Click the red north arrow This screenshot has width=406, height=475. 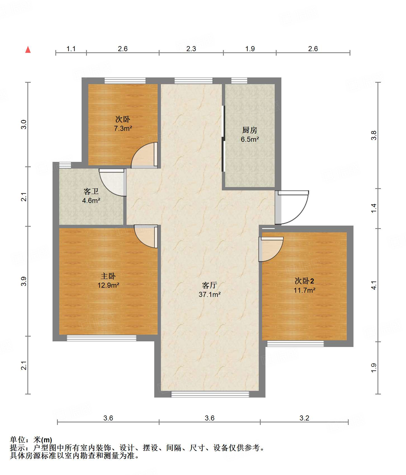pos(28,50)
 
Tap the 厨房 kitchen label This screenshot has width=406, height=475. pos(250,130)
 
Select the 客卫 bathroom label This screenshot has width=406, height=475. pos(91,192)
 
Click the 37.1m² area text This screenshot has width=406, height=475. pos(210,294)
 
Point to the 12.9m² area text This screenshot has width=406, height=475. pos(108,285)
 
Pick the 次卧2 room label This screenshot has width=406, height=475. pos(304,281)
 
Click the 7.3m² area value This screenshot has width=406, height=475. pos(123,128)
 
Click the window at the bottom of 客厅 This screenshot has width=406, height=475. pos(210,394)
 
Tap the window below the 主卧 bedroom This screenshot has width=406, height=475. pos(101,338)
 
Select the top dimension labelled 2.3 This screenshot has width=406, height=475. pos(191,49)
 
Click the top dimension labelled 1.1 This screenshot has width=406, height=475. pos(71,49)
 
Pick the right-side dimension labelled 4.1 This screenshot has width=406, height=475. pos(374,285)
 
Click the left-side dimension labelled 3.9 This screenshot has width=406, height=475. pos(24,281)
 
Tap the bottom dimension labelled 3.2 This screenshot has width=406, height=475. pos(304,418)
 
